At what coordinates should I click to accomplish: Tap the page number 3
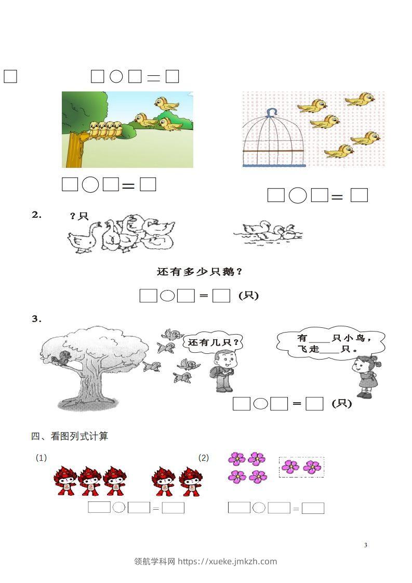point(366,545)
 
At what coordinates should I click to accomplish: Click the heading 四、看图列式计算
point(70,436)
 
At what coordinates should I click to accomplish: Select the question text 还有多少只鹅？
point(200,272)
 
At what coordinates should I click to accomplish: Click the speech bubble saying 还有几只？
point(214,343)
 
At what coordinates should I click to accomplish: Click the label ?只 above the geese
point(79,216)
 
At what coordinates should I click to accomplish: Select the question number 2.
point(36,215)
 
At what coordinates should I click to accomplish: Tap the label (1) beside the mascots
point(41,458)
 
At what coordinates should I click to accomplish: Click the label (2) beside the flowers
point(204,458)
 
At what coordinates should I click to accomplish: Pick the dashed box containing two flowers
point(301,467)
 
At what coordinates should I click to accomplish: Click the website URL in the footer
point(227,561)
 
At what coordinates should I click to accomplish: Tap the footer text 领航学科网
point(155,561)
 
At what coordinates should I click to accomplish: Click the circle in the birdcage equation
point(298,195)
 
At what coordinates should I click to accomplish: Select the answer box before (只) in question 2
point(222,296)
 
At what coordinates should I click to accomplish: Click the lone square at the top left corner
point(10,76)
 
